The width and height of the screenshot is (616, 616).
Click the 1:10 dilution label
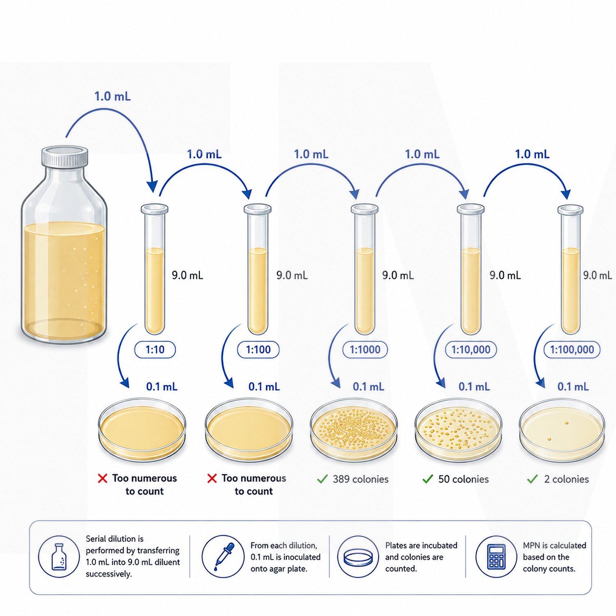point(155,350)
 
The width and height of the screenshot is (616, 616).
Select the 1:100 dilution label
point(258,350)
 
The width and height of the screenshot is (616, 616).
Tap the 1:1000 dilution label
point(365,350)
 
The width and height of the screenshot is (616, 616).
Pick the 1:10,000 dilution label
point(471,350)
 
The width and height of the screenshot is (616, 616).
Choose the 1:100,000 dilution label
point(572,350)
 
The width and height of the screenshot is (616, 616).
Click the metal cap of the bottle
point(65,156)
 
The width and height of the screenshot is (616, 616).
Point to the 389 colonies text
point(361,479)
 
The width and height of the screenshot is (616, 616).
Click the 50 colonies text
point(464,479)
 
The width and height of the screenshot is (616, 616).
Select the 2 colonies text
point(566,479)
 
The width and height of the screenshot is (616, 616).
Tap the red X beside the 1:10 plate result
point(103,478)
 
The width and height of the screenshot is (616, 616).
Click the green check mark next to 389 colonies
point(322,479)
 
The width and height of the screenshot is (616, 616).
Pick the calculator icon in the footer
point(496,557)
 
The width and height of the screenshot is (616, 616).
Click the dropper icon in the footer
point(223,556)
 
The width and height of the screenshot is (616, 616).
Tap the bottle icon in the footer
point(59,557)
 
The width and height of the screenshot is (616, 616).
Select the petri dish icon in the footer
point(358,557)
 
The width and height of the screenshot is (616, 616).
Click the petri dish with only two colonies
point(562,430)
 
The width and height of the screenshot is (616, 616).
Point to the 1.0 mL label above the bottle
point(113,97)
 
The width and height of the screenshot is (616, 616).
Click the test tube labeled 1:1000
point(365,269)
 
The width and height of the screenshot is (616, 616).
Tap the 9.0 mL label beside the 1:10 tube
point(187,275)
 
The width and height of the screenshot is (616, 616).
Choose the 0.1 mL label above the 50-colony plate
point(474,387)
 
